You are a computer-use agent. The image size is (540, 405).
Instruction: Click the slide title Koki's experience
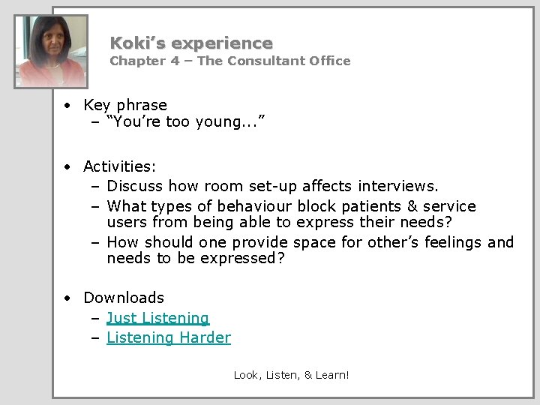point(191,43)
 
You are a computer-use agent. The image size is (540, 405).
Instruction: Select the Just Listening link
point(157,319)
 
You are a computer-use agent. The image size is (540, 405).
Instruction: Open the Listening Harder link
point(169,338)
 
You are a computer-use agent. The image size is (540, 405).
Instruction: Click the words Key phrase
point(125,106)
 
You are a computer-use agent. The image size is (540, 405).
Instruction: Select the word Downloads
point(124,298)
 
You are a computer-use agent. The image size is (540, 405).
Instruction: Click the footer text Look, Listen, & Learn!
point(291,374)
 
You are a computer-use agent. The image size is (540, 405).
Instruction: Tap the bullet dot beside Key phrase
point(67,106)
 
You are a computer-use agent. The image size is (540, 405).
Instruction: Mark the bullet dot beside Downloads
point(67,298)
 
